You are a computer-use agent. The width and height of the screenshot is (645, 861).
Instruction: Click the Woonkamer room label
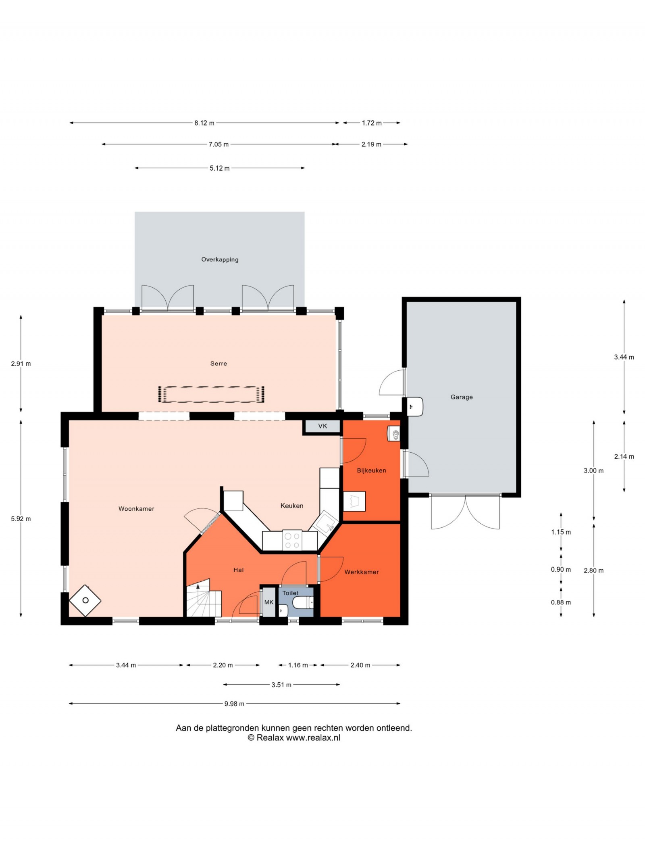point(136,509)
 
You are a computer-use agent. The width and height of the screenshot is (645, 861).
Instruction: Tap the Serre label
point(218,364)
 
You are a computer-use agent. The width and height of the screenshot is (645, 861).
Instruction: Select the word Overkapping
point(220,259)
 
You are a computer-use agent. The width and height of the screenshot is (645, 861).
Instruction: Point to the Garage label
point(462,397)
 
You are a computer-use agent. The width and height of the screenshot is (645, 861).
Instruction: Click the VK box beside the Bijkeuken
point(322,426)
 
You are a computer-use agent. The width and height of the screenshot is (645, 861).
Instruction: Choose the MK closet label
point(269,602)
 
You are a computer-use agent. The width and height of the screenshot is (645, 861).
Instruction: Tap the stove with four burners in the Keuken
point(292,541)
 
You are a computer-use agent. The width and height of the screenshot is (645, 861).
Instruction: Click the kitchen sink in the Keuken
point(325,523)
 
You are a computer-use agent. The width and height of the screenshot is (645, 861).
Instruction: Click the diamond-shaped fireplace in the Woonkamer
point(85,600)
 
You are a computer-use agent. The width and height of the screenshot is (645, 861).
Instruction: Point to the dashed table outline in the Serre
point(211,394)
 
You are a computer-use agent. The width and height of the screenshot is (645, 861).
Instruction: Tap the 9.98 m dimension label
point(234,704)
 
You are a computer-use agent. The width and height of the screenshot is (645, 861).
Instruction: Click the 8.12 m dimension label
point(204,123)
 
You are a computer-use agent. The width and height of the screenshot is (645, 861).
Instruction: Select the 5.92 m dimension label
point(21,519)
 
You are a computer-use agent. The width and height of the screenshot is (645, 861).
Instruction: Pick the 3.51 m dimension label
point(281,685)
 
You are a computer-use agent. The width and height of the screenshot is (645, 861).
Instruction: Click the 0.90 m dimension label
point(561,570)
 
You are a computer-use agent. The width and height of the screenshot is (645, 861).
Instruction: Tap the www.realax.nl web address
point(313,738)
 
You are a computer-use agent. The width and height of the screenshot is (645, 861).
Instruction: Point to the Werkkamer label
point(362,572)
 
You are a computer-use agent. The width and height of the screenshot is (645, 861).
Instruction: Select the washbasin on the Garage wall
point(415,407)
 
